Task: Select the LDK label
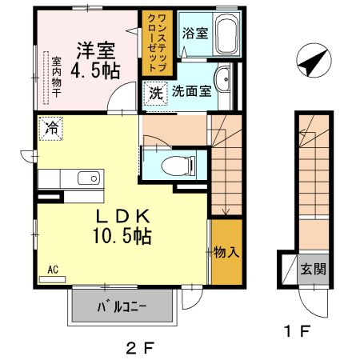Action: tap(125, 216)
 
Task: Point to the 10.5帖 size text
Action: tap(125, 237)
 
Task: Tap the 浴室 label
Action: tap(194, 34)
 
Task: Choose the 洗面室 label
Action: tap(192, 91)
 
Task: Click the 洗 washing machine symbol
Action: tap(155, 93)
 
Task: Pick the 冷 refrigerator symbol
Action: tap(51, 126)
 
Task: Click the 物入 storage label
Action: tap(226, 253)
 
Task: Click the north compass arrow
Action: tap(312, 61)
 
